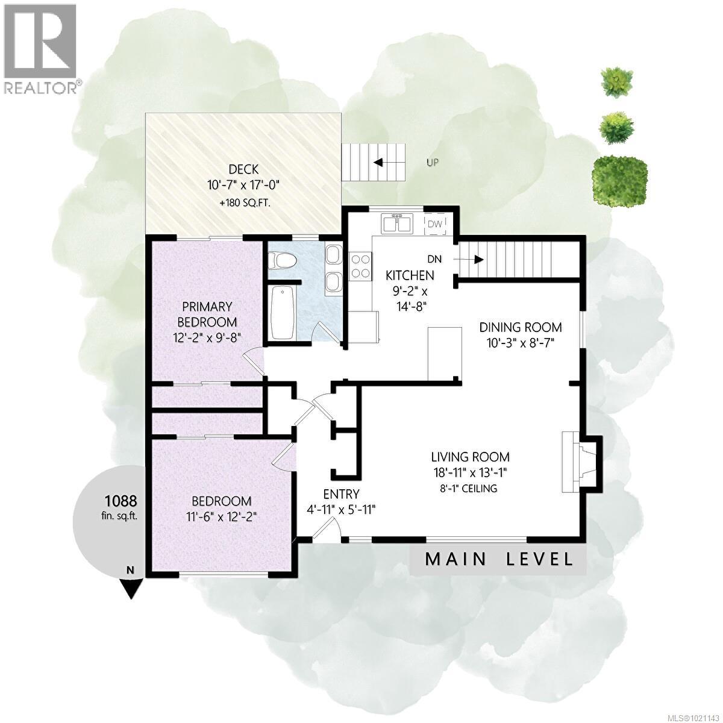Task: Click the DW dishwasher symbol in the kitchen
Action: click(435, 224)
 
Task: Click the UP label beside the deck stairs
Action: click(432, 162)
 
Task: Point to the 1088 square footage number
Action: click(120, 500)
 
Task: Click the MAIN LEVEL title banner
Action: click(499, 559)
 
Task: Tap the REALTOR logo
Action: click(40, 48)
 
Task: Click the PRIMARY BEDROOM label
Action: click(207, 314)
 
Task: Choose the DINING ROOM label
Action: click(520, 327)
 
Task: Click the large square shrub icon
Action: click(621, 175)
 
